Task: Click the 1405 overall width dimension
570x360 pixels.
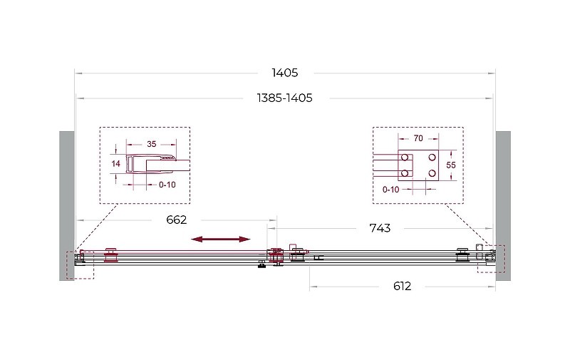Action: coord(284,73)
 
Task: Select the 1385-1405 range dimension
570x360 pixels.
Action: coord(284,98)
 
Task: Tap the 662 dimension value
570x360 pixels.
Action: coord(176,220)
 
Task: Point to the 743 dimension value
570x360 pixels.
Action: coord(380,228)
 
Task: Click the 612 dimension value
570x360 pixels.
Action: coord(402,286)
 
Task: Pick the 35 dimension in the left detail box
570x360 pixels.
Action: coord(152,144)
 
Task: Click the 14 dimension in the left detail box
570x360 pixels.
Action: coord(116,164)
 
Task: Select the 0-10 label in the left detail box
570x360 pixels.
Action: coord(167,185)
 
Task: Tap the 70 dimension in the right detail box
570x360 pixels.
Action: coord(418,138)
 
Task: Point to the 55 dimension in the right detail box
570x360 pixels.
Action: coord(451,165)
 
